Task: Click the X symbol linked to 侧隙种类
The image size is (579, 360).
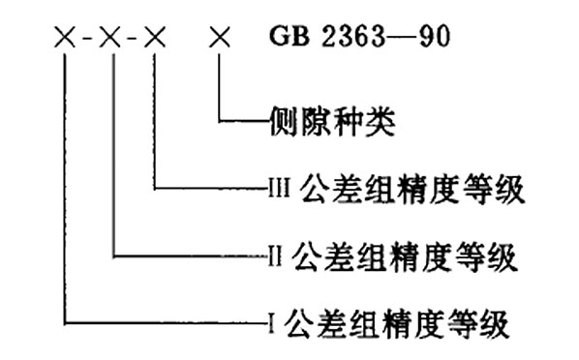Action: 222,41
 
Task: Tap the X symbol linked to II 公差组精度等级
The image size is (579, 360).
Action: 111,41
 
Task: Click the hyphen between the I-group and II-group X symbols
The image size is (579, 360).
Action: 88,42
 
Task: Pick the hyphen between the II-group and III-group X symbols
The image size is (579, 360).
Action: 134,42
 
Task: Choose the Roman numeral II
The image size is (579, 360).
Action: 274,257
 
